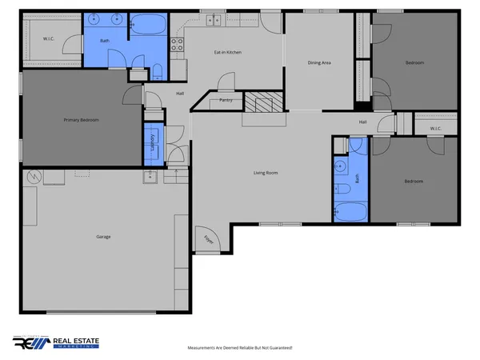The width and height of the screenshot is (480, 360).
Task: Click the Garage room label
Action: point(103,237)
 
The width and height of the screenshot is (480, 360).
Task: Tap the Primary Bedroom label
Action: point(81,120)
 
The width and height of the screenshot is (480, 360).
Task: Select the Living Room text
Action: point(266,173)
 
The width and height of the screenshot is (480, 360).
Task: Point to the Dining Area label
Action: point(320,62)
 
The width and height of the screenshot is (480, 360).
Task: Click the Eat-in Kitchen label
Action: point(227,53)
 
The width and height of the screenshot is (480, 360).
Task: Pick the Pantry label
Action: point(226,101)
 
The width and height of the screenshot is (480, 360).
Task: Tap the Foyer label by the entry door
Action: point(208,238)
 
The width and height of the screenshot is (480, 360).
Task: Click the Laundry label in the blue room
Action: point(152,142)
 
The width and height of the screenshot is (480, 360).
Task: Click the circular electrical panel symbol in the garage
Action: point(34,176)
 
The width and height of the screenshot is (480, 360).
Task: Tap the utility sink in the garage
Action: point(150,177)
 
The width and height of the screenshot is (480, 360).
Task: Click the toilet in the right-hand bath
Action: point(342,189)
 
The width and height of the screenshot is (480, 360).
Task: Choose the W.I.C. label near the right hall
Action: point(435,128)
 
